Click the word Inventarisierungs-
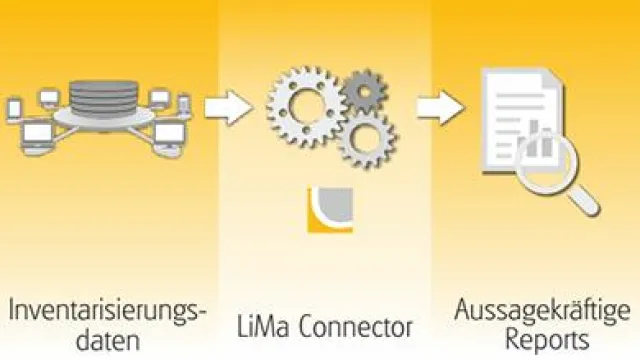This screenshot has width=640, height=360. click(x=108, y=312)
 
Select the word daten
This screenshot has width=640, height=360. click(x=106, y=341)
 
